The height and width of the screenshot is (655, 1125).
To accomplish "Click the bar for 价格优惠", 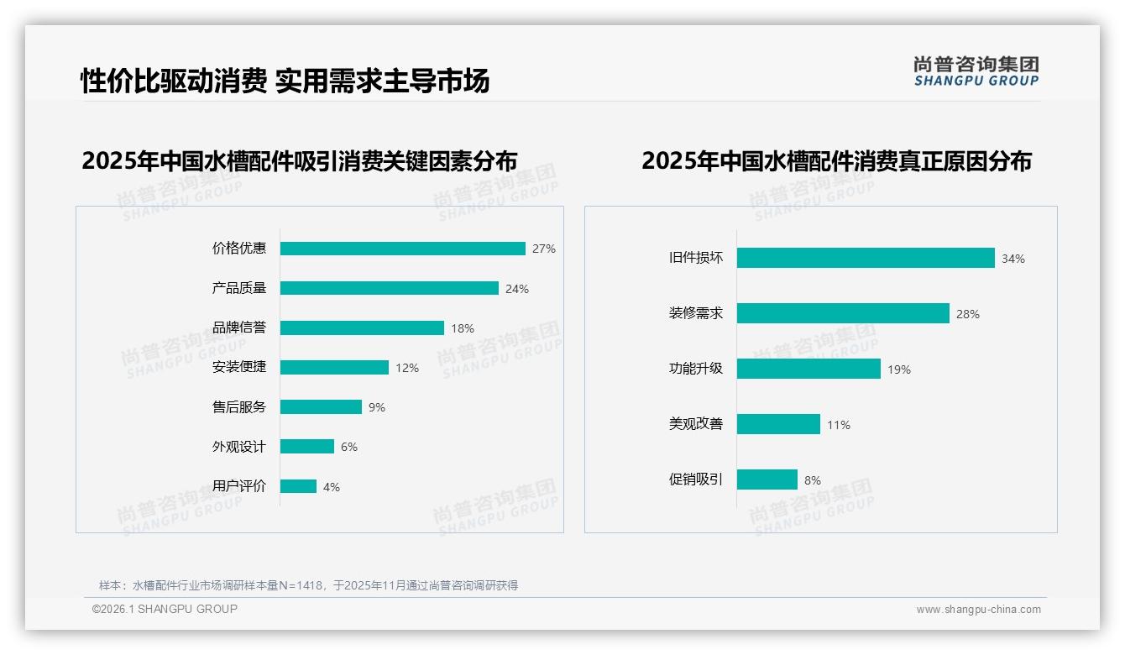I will point(402,249).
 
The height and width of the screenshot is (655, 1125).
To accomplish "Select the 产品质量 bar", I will point(389,288).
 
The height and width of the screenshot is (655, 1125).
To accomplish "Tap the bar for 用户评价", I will point(298,486).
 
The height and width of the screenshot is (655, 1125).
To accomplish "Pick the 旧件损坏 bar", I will point(866,258).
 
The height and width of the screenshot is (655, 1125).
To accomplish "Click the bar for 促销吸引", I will point(767,479).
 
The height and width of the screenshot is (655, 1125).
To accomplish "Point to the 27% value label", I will point(544,249).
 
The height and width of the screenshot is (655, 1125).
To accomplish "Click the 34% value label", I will point(1013,259).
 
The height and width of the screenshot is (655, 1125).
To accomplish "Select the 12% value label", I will point(407,368).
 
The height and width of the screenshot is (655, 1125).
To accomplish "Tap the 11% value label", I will point(839,425).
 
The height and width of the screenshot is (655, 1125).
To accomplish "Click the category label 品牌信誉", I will point(239,327).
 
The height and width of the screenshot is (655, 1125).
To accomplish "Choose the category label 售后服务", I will point(239,407).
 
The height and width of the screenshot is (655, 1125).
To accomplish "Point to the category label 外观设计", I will point(239,447).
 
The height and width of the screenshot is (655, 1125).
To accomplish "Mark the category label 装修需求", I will point(696,313).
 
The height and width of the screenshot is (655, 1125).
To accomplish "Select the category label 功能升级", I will point(696,369).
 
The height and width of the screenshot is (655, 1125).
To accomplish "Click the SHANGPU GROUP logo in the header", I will point(976,71).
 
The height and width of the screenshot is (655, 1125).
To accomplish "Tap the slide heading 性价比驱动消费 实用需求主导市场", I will point(285,81).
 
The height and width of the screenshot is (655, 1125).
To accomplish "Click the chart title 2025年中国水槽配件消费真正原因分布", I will point(836,160).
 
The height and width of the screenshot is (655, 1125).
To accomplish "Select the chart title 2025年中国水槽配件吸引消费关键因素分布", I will point(299,160).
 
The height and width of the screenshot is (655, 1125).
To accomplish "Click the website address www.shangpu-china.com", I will point(978,610).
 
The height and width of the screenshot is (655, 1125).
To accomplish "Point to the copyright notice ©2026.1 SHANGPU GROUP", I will point(165,609).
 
